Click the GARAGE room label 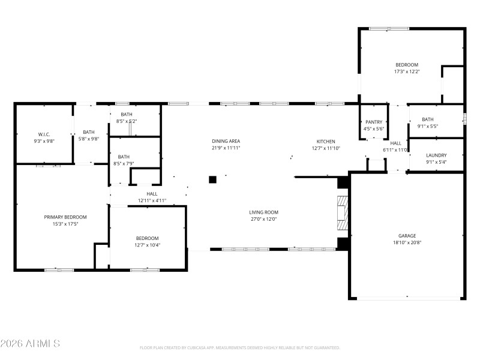click(x=407, y=236)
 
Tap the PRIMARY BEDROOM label click(x=65, y=217)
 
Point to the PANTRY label click(x=373, y=122)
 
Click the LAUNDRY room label click(x=436, y=155)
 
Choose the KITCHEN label click(x=326, y=141)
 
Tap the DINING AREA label click(x=226, y=141)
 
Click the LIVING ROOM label click(x=264, y=212)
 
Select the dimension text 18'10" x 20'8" click(x=407, y=243)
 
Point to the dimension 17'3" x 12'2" click(x=407, y=71)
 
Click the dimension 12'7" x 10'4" click(x=147, y=245)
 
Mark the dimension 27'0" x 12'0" click(x=264, y=219)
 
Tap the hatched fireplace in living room click(x=342, y=213)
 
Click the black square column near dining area click(x=212, y=179)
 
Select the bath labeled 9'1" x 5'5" click(x=427, y=122)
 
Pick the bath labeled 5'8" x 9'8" click(x=89, y=136)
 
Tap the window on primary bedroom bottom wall click(x=59, y=270)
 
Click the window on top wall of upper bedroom click(x=389, y=28)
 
